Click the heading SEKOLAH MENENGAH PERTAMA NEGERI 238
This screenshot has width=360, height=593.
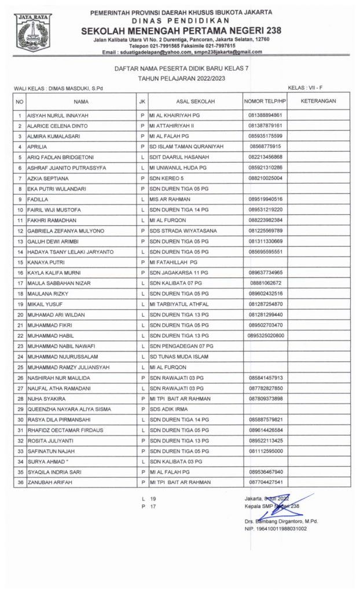point(182,30)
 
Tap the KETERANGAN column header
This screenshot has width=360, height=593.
point(319,101)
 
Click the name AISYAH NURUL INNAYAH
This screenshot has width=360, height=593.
point(54,115)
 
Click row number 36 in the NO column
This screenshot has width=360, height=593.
point(20,482)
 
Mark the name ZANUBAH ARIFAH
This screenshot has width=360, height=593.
point(48,482)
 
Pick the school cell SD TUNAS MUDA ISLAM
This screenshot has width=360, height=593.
point(178,356)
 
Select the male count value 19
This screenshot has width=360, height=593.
point(153,498)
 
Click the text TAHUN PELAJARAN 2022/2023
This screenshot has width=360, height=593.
point(182,77)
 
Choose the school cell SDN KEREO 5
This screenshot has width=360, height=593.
point(168,178)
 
